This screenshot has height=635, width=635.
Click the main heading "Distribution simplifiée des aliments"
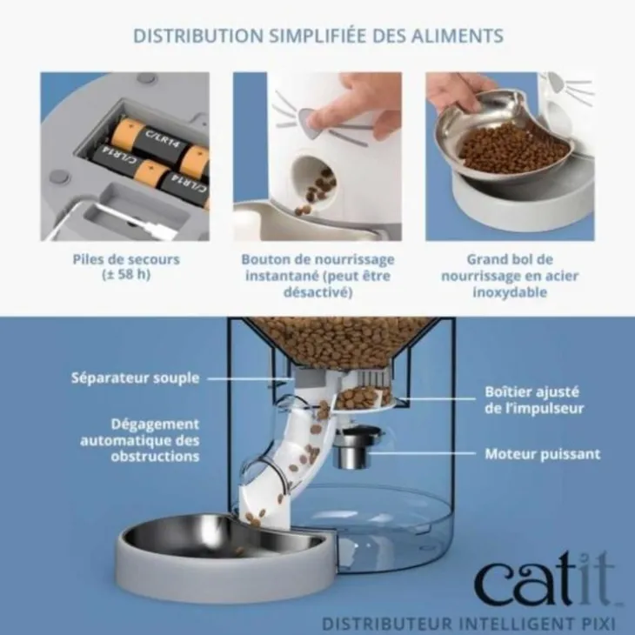point(318,36)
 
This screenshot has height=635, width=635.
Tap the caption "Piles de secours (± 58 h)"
point(126,267)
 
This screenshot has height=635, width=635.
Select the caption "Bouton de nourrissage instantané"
point(317,267)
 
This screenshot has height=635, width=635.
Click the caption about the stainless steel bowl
point(510,276)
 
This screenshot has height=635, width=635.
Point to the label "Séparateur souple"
point(135,378)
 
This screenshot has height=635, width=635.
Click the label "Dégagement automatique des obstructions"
point(140,440)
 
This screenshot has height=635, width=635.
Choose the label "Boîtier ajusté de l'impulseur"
point(534,400)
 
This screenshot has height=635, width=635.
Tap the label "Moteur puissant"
point(543,454)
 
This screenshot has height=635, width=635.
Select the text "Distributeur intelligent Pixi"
point(469,623)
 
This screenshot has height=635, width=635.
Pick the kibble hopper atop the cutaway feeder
point(337,342)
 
